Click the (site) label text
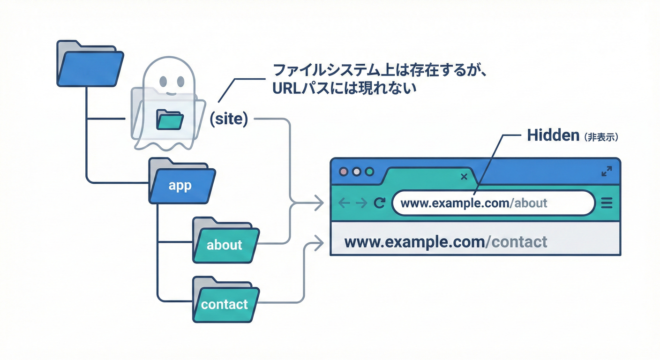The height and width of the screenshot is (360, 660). coord(228,119)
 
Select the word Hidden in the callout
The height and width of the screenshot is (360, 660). coord(553,135)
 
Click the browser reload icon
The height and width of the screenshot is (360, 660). coord(379,203)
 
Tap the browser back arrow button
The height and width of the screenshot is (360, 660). coord(344,203)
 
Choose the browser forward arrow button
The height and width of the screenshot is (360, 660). coord(361,203)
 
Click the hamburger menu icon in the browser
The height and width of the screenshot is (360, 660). coord(607,203)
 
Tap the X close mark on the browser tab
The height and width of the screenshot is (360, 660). coord(464,177)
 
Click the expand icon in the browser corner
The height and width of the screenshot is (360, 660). coord(607,172)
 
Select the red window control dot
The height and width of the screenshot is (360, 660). coord(344,172)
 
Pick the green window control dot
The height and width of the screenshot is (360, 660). coord(369,172)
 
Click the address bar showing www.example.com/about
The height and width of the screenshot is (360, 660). coord(492,203)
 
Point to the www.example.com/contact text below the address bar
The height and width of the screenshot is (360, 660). coord(446,242)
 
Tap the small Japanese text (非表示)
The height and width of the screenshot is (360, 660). coord(601,136)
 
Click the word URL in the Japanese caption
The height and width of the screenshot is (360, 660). coord(287,89)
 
